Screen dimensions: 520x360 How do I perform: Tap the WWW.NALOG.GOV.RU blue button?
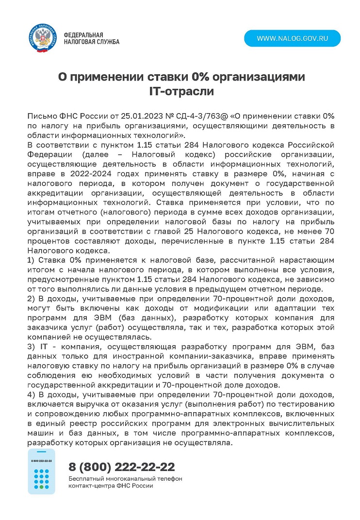point(292,38)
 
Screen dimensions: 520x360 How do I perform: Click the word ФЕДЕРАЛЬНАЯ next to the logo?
point(83,35)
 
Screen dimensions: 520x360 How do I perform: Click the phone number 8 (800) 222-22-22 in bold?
point(122,467)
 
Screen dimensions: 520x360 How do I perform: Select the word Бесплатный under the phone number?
point(85,479)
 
